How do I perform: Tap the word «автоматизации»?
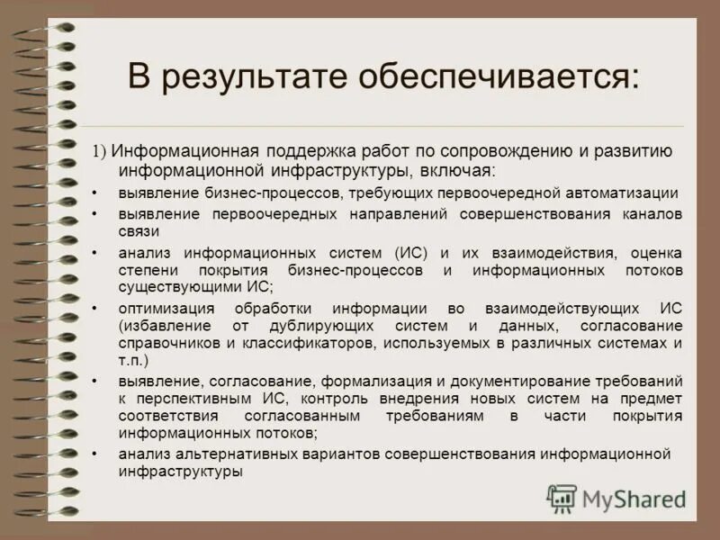[622, 193]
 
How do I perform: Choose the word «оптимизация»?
[163, 308]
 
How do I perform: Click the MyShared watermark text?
[634, 498]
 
